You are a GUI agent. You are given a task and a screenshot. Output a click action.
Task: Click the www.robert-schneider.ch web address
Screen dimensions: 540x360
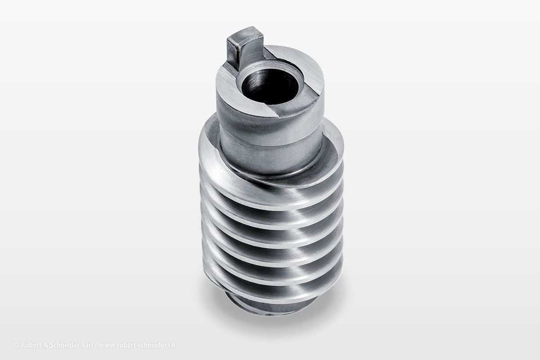click(x=137, y=345)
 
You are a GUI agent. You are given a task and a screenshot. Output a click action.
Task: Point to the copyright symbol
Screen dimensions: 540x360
click(x=16, y=345)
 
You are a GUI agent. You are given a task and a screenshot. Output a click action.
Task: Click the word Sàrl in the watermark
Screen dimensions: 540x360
click(x=86, y=345)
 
